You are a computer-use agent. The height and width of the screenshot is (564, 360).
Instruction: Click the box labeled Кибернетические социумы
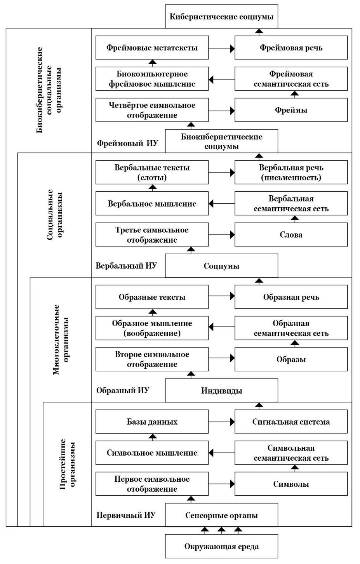221,16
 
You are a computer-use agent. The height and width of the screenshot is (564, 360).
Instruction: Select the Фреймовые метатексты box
152,48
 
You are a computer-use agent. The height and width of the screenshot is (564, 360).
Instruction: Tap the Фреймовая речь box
291,48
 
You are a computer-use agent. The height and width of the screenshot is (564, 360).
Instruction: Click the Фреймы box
291,110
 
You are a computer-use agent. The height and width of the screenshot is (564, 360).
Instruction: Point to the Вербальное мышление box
152,203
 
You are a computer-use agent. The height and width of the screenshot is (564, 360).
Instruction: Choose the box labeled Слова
291,234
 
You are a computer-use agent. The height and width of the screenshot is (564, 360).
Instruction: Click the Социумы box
221,266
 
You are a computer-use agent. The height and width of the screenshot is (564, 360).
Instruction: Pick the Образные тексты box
152,297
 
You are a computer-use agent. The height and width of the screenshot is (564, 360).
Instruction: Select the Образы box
291,359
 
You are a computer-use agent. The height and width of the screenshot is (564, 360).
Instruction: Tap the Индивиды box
221,390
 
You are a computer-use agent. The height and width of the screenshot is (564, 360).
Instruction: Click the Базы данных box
152,422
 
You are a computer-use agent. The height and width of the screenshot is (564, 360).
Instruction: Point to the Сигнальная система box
291,422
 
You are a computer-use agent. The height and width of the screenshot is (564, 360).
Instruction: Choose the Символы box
291,484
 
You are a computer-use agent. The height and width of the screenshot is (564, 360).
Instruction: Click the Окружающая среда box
221,547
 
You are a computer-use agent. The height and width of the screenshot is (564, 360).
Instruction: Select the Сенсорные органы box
221,515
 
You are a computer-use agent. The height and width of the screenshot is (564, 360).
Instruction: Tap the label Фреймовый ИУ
127,143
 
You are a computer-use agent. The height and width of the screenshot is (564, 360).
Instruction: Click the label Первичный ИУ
126,515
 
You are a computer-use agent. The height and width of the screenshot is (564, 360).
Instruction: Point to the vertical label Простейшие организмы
68,465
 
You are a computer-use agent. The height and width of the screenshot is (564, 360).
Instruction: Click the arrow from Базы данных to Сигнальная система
222,422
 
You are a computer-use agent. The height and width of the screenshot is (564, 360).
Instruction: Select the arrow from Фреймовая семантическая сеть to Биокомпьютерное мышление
222,80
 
